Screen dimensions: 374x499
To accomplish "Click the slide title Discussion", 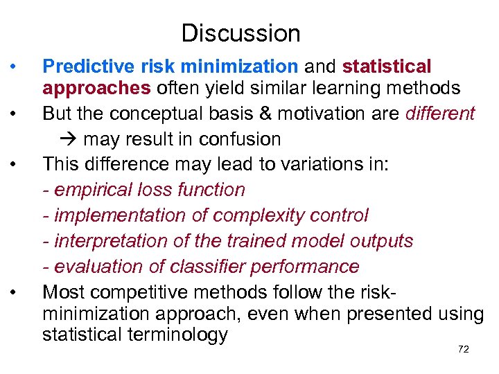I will click(x=240, y=33).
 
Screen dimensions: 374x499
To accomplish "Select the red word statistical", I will click(x=387, y=66).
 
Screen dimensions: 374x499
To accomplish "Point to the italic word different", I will click(x=433, y=113).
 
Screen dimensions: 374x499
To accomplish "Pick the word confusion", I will click(x=240, y=139).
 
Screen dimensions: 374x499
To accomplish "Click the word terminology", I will click(x=178, y=335).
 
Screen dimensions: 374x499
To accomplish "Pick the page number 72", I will click(x=464, y=349).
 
